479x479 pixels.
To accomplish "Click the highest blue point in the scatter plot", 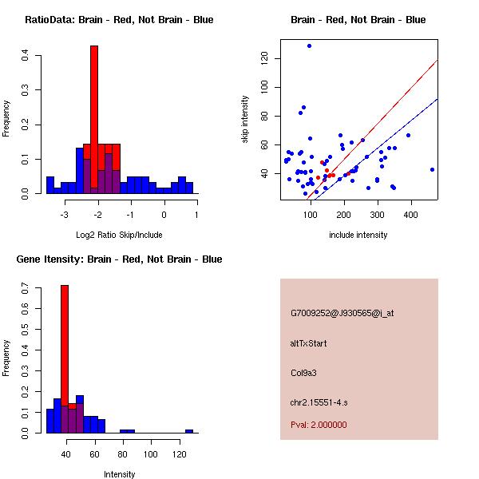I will (x=309, y=46).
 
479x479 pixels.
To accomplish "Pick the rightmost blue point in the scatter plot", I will (x=432, y=169).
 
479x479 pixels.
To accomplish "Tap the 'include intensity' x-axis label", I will (x=358, y=236).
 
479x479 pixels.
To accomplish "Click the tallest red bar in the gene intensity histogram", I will (x=65, y=359).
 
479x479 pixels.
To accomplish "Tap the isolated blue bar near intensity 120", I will (x=189, y=431).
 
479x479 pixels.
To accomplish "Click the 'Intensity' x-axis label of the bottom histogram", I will (x=119, y=474).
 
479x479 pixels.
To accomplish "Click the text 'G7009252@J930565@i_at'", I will (x=342, y=313).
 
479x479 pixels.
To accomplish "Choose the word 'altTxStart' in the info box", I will (x=309, y=343).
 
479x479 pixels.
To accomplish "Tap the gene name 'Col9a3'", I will (x=304, y=373).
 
